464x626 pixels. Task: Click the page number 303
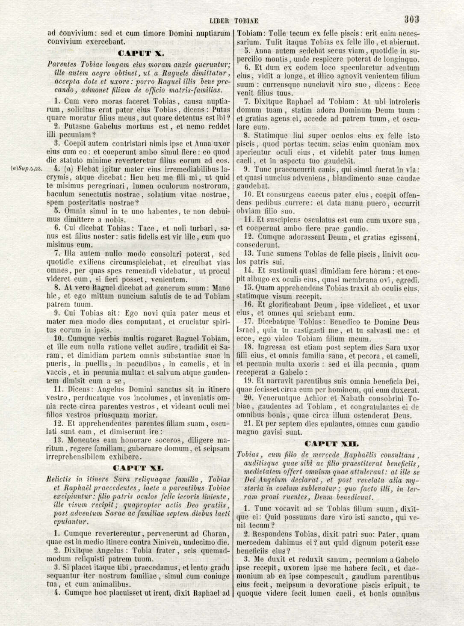pyautogui.click(x=411, y=19)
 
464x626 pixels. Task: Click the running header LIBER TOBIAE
pyautogui.click(x=234, y=21)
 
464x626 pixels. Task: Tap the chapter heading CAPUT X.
pyautogui.click(x=140, y=53)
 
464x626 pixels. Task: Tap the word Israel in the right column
pyautogui.click(x=246, y=330)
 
